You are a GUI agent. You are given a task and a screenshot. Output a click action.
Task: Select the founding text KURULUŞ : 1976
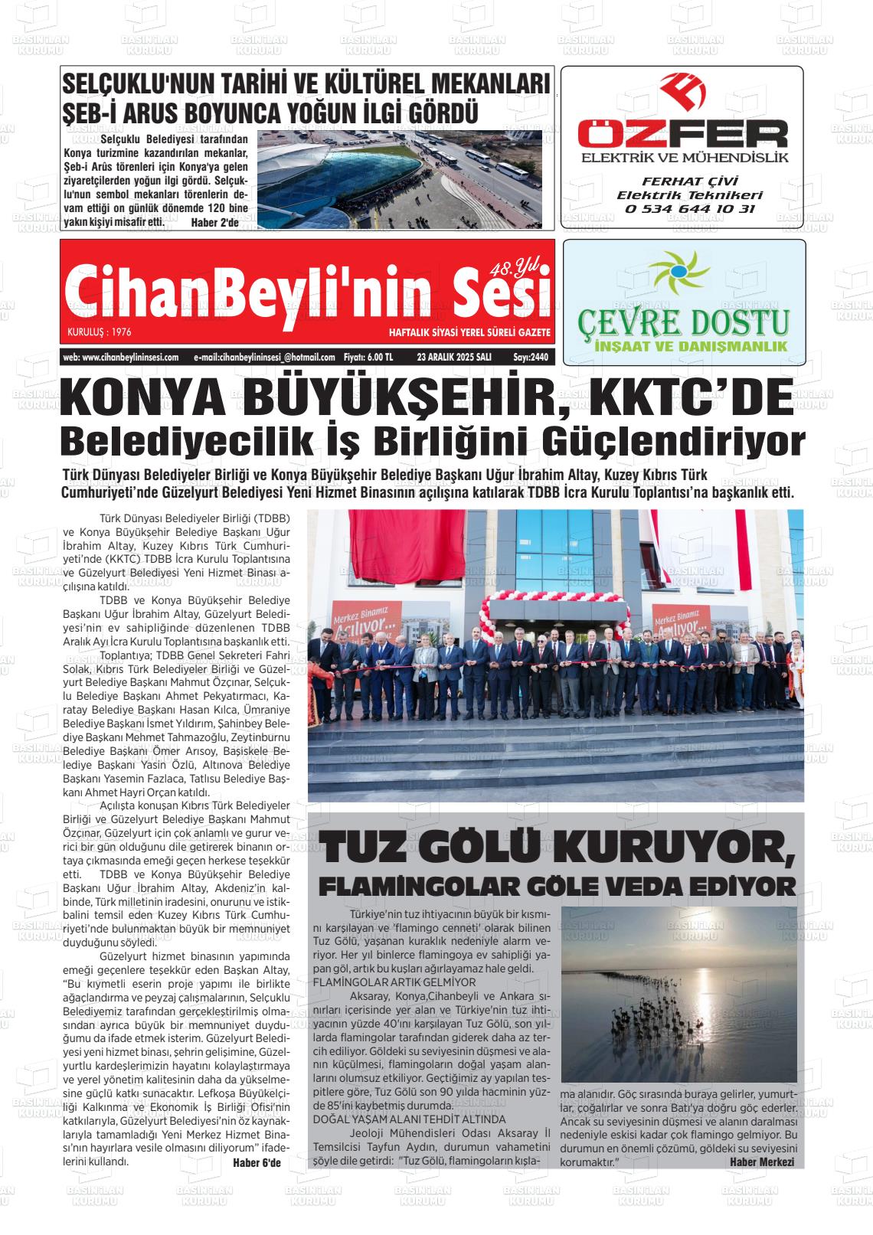point(99,333)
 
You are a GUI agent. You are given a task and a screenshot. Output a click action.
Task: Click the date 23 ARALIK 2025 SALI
point(454,358)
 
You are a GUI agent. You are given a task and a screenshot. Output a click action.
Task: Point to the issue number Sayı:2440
point(531,358)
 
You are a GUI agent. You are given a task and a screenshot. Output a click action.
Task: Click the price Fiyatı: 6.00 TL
point(368,358)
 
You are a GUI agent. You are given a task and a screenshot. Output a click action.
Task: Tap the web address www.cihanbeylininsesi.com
point(121,358)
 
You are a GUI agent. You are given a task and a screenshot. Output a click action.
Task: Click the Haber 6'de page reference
point(257,1163)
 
